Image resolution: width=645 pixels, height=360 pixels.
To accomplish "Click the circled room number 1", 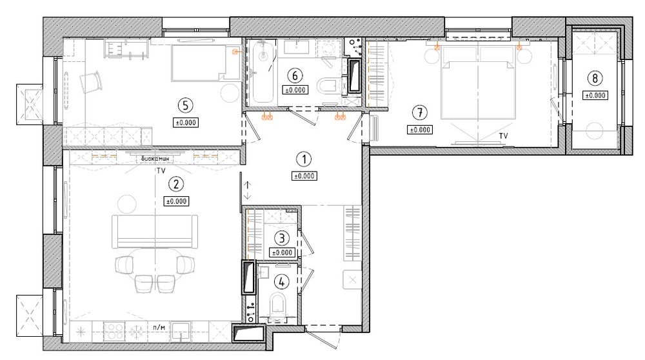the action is pos(304,159).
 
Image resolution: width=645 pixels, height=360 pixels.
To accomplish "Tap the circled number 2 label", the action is pos(176,185).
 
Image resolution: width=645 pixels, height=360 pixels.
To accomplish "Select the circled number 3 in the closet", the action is pos(282,238).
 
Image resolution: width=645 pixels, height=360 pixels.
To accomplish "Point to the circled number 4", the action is pos(282,282).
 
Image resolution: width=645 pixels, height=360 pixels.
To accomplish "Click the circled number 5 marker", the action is pos(186,106).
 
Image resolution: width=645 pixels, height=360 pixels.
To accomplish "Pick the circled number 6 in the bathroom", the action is pos(295,75).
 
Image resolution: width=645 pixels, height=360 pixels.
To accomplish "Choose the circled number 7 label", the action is pos(420,112).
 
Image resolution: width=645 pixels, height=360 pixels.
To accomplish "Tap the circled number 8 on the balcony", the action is pos(595,78).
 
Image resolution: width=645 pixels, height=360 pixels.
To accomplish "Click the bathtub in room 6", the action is pos(263,72).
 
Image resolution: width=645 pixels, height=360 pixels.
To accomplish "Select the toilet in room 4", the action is pos(277,305).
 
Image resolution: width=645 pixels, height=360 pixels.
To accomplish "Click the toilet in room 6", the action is pos(328,86).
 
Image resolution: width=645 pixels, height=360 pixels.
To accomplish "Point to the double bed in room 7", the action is pos(477,83).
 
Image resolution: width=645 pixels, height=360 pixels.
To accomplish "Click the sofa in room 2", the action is pos(155,231).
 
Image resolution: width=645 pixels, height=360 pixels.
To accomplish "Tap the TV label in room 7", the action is pos(504,135).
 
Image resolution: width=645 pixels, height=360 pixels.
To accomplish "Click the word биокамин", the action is pos(155,159).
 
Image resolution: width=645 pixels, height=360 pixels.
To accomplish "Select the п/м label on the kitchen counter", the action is pos(159,327).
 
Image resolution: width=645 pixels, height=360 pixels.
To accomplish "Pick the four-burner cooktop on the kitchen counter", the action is pos(114,330).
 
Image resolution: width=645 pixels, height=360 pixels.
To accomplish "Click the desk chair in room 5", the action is pos(92,81).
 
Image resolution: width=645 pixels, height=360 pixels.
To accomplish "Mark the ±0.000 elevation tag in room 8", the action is pos(595,95).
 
